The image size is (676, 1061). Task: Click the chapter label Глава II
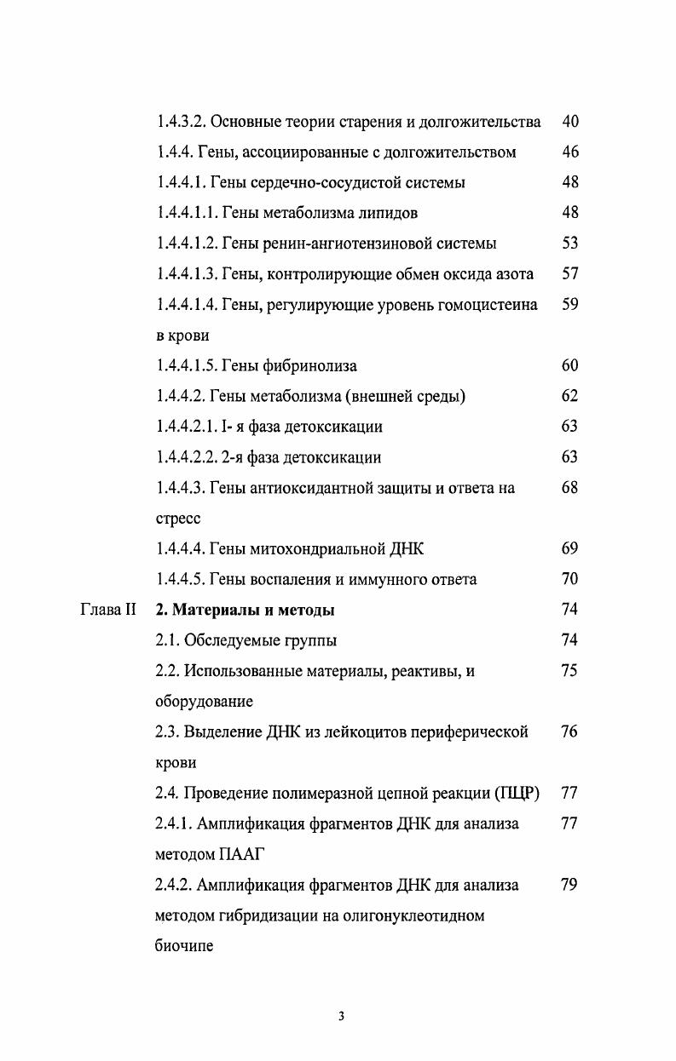(x=108, y=610)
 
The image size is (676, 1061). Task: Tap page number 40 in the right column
(x=570, y=122)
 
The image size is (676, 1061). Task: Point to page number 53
(x=570, y=244)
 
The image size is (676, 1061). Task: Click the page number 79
(x=570, y=885)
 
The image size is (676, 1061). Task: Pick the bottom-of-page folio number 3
(x=341, y=1016)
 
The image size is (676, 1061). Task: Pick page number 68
(x=570, y=488)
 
